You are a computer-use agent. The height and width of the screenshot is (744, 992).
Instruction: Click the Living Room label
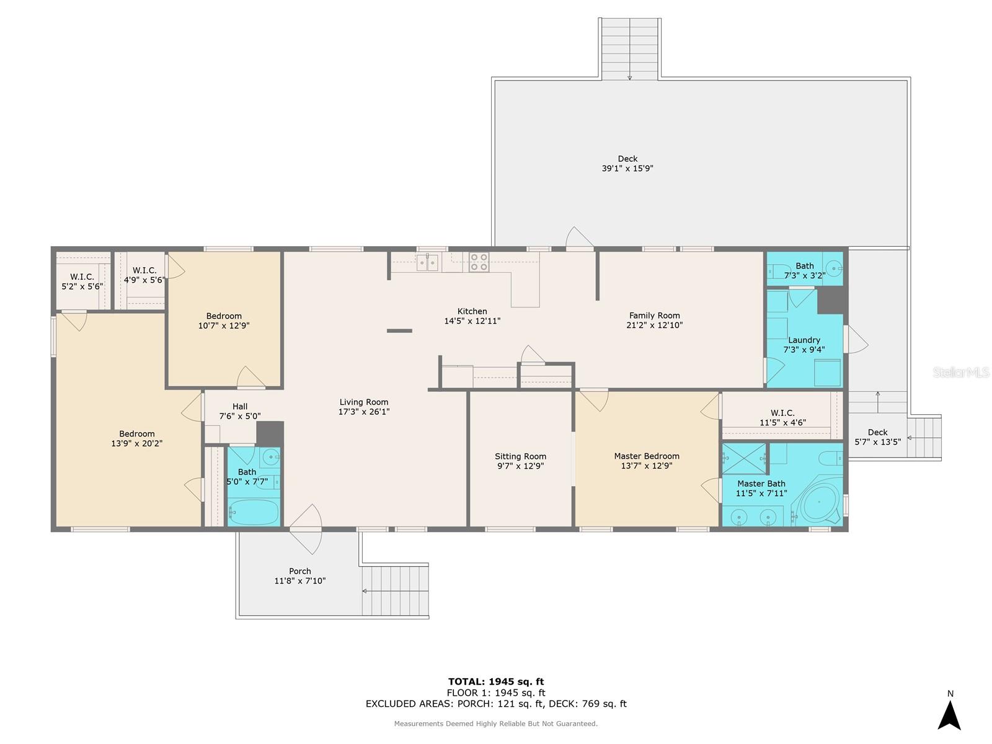364,402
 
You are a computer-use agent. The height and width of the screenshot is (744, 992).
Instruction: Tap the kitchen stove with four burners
479,262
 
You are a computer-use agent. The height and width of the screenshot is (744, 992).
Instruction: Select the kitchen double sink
427,262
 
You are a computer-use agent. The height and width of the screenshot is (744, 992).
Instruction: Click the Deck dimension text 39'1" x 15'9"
627,169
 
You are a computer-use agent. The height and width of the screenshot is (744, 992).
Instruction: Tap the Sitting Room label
520,456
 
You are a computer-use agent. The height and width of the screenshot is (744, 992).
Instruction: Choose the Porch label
300,571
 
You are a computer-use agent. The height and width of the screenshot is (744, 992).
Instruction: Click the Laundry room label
804,340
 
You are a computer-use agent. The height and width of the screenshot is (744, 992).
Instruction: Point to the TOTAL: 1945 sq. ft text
496,681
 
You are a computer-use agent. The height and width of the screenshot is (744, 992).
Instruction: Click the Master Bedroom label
647,456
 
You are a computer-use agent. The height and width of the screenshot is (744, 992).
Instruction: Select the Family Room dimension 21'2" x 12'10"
655,325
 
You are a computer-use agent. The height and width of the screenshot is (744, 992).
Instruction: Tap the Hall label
240,407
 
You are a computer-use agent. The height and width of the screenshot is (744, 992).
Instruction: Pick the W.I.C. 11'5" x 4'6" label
782,413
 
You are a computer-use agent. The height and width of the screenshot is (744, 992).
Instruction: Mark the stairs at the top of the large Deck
630,48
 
